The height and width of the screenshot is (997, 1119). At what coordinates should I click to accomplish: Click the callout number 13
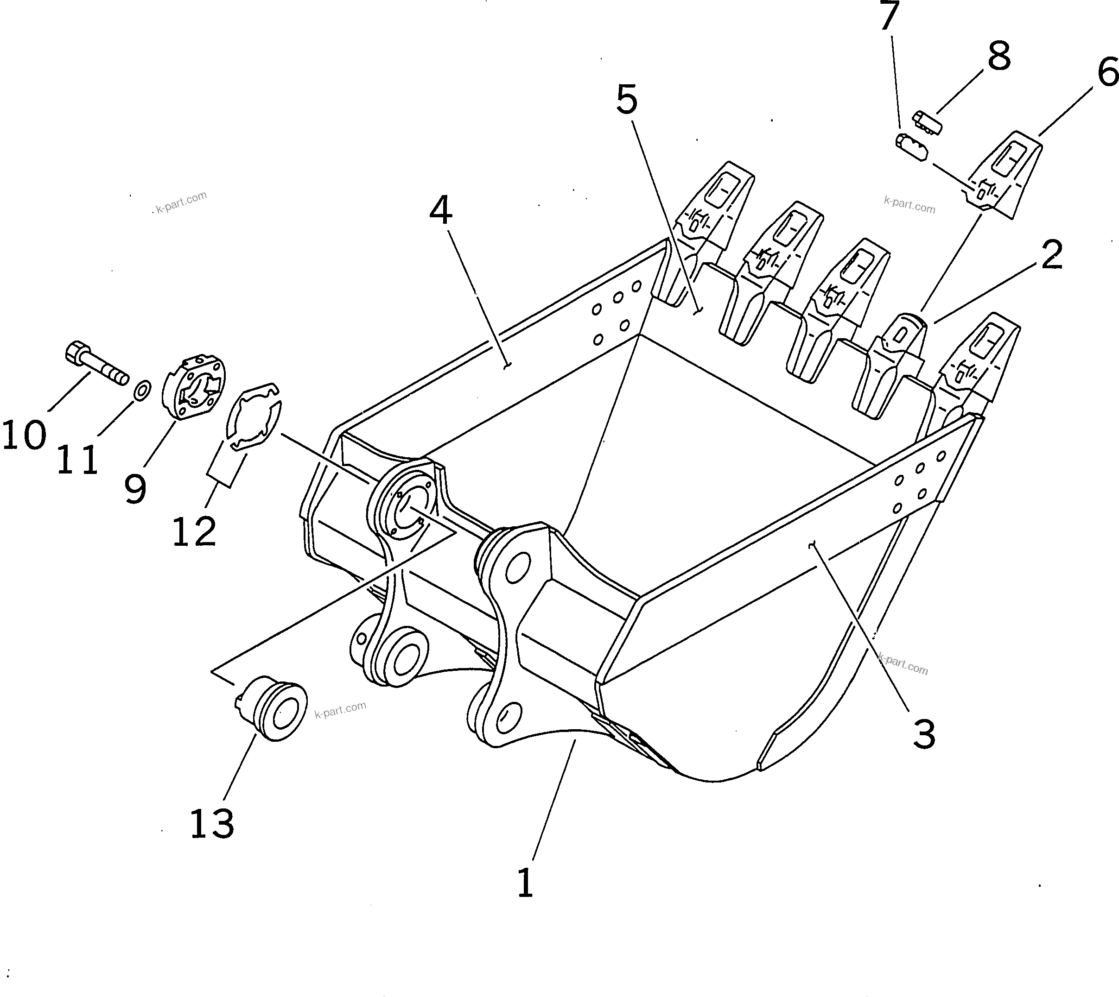pyautogui.click(x=212, y=825)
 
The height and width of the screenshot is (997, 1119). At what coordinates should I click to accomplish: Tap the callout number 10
pyautogui.click(x=24, y=435)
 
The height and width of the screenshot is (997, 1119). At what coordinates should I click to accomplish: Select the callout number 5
pyautogui.click(x=627, y=100)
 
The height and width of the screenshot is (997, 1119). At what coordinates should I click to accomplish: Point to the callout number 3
pyautogui.click(x=924, y=735)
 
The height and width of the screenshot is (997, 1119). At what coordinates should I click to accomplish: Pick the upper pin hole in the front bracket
pyautogui.click(x=517, y=568)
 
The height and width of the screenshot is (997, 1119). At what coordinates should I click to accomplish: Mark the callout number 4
pyautogui.click(x=440, y=211)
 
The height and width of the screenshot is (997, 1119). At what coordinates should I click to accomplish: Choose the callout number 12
pyautogui.click(x=194, y=531)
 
